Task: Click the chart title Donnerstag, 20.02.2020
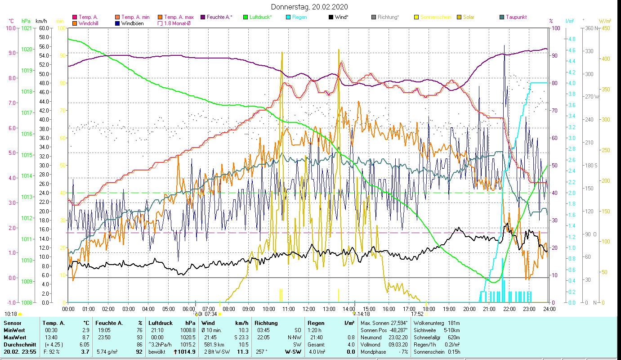tap(309, 7)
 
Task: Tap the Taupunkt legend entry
tap(516, 17)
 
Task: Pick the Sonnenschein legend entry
tap(435, 17)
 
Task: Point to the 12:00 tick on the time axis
tap(308, 309)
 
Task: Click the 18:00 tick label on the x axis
tap(429, 309)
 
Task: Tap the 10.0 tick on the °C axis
tap(9, 28)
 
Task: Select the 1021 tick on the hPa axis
tap(26, 28)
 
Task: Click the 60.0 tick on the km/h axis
tap(44, 28)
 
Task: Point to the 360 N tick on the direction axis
tap(590, 28)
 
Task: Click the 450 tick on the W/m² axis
tap(606, 28)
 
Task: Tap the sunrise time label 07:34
tap(210, 314)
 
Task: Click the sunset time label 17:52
tap(417, 314)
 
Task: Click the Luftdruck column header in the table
tap(161, 323)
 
